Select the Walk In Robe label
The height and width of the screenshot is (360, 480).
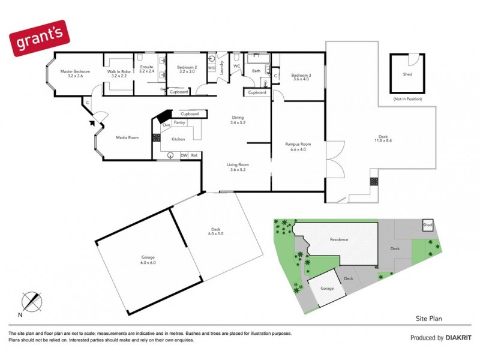(118, 74)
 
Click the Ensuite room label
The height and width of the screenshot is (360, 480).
(147, 69)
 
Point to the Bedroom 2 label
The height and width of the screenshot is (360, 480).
(187, 69)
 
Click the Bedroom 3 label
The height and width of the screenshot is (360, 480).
(301, 76)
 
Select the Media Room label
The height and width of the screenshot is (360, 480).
(127, 137)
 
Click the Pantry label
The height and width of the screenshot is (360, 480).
(179, 123)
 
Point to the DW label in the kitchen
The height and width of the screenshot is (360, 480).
(185, 155)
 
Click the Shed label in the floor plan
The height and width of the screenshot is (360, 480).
(407, 75)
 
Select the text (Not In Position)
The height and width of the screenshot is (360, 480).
(407, 98)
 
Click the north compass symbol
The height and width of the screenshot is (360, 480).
(31, 301)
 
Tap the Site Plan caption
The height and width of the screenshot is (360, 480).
(428, 319)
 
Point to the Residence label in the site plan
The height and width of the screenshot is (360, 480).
(339, 239)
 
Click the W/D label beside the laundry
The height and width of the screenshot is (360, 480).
(211, 68)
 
